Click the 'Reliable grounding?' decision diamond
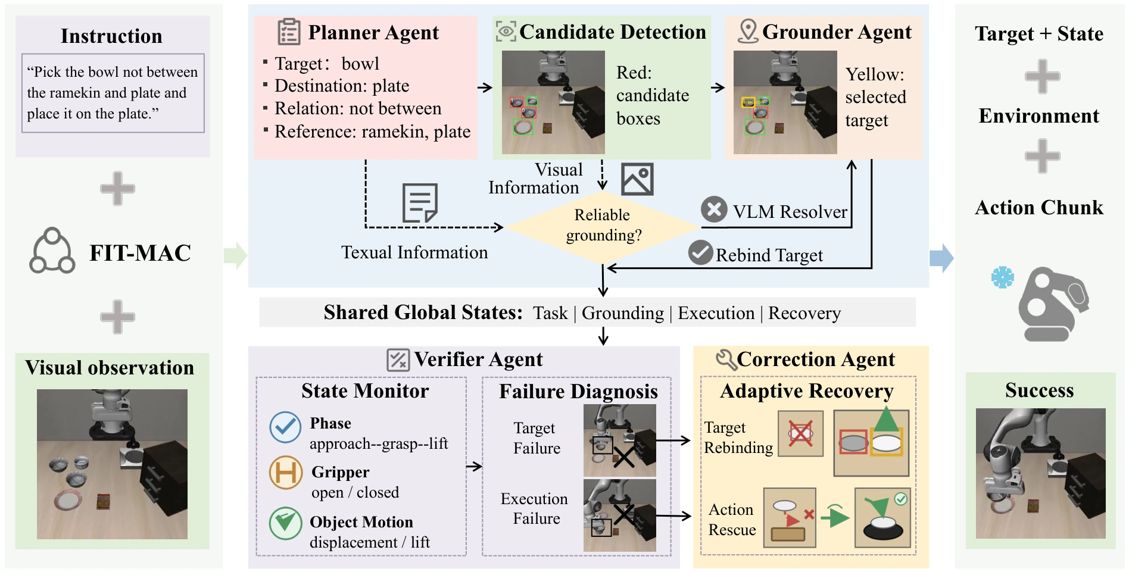click(x=602, y=226)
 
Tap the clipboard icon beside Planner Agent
click(x=289, y=32)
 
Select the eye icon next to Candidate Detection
click(x=506, y=31)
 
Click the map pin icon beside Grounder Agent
click(x=747, y=31)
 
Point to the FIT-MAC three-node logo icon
click(x=52, y=251)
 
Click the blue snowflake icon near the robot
click(x=1002, y=277)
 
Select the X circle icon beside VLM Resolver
click(x=714, y=210)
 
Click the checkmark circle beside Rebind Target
click(x=701, y=252)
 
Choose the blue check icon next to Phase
click(x=285, y=427)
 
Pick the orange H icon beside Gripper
click(x=286, y=473)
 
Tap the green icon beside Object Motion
click(x=285, y=523)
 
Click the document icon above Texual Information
click(x=420, y=203)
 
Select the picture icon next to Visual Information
click(x=637, y=179)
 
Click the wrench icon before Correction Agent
click(x=726, y=360)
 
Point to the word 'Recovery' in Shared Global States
click(x=804, y=313)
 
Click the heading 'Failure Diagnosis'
click(x=578, y=391)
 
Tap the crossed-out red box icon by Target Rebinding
click(x=800, y=433)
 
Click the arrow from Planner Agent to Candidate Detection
click(x=485, y=87)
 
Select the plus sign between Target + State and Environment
click(x=1042, y=76)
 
